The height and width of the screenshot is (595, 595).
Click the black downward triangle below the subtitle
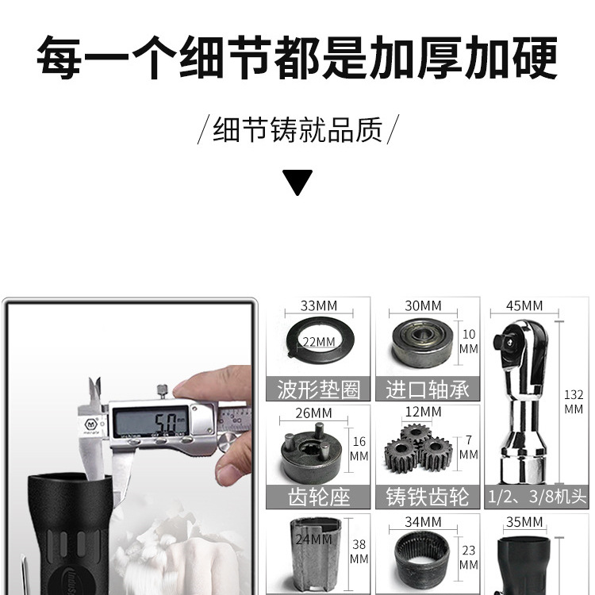click(297, 182)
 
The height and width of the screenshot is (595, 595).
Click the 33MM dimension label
click(318, 305)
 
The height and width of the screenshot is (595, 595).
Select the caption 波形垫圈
click(318, 389)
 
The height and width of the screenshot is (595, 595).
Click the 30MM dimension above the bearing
click(424, 305)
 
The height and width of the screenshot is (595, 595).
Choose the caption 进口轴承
click(428, 389)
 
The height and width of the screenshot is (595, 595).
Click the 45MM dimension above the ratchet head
click(524, 305)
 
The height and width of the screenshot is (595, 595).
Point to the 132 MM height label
click(574, 401)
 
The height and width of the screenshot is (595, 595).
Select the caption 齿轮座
click(318, 497)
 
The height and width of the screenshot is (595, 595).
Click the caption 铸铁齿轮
click(428, 497)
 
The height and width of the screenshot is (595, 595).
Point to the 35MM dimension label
click(524, 521)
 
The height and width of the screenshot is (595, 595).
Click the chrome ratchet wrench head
click(521, 397)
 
